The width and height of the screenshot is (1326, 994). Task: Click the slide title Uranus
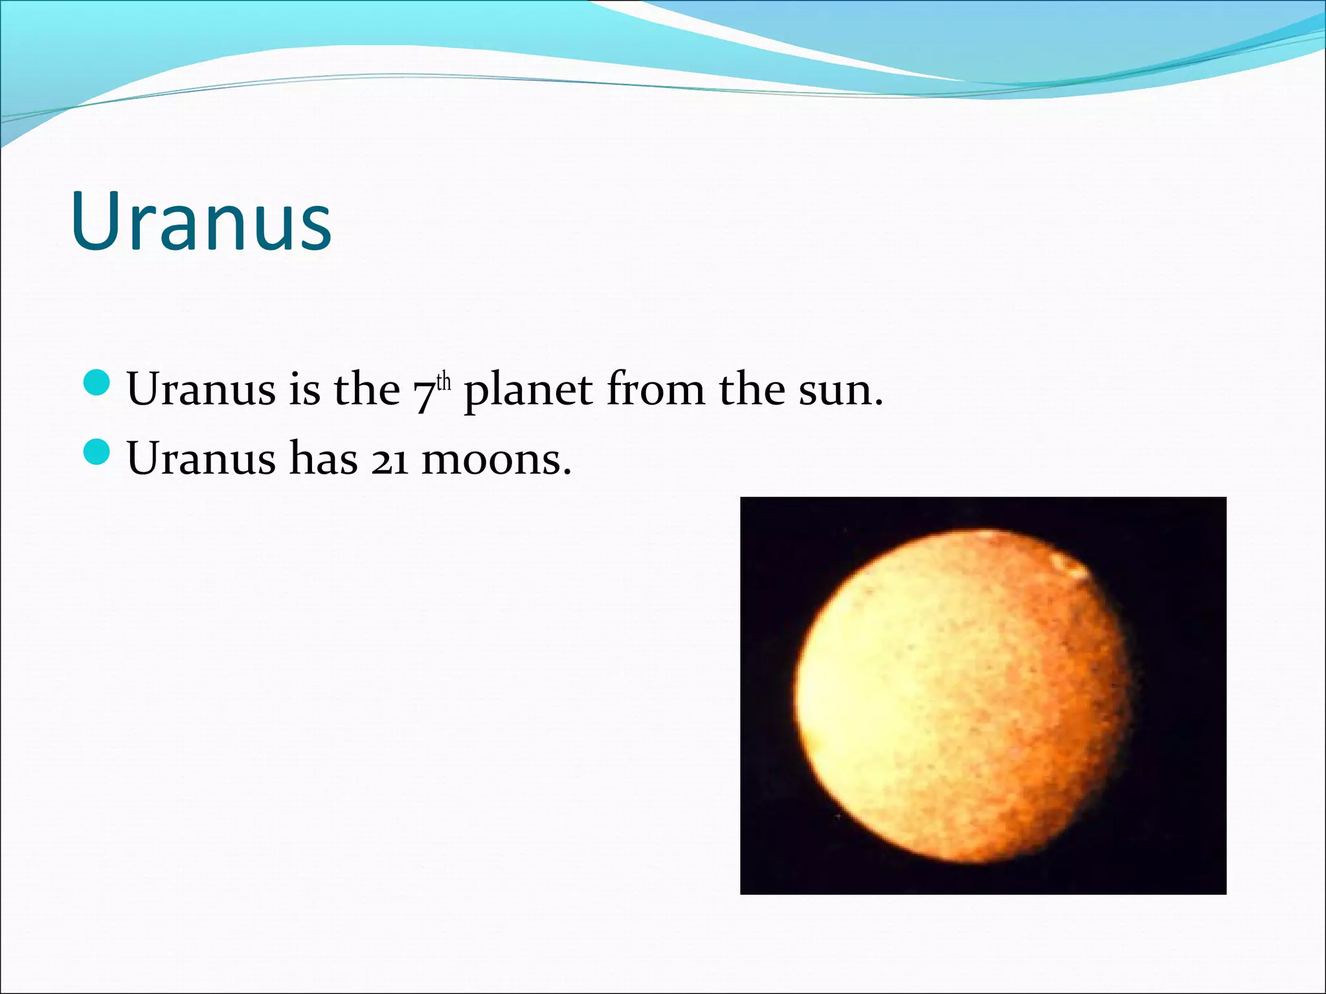click(201, 221)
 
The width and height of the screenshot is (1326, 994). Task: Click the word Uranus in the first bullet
click(201, 390)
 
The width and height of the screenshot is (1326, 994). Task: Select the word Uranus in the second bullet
click(201, 459)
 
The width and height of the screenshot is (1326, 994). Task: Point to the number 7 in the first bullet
click(423, 393)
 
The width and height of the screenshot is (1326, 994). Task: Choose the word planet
click(528, 392)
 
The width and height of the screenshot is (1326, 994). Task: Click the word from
click(655, 390)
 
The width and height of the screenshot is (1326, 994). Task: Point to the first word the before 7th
click(366, 390)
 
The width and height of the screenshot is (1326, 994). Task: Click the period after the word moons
click(567, 473)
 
